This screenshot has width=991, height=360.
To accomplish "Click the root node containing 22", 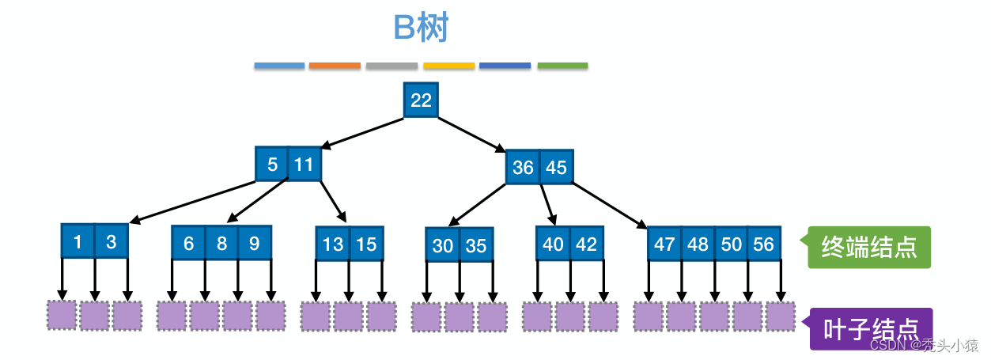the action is pyautogui.click(x=421, y=100).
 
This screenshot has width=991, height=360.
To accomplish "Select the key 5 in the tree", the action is pyautogui.click(x=271, y=165).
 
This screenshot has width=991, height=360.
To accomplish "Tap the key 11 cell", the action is pyautogui.click(x=304, y=165).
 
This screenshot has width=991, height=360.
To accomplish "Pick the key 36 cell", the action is pyautogui.click(x=523, y=167).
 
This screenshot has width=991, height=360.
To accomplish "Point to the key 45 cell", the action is pyautogui.click(x=557, y=167).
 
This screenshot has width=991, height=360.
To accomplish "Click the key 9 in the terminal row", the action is pyautogui.click(x=255, y=243).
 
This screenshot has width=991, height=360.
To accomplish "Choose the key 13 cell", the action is pyautogui.click(x=333, y=244).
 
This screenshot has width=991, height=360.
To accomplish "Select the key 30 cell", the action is pyautogui.click(x=442, y=244).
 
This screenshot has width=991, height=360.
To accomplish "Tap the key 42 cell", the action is pyautogui.click(x=587, y=244).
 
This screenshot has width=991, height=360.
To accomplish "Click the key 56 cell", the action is pyautogui.click(x=764, y=244).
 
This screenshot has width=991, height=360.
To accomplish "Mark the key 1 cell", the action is pyautogui.click(x=78, y=241).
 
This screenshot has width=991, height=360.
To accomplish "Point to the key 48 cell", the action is pyautogui.click(x=698, y=244).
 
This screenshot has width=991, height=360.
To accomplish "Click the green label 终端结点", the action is pyautogui.click(x=869, y=247).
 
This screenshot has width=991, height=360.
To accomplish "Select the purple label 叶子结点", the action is pyautogui.click(x=871, y=328).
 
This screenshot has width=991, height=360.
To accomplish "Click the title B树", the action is pyautogui.click(x=421, y=28).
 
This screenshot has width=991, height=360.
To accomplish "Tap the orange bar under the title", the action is pyautogui.click(x=335, y=66).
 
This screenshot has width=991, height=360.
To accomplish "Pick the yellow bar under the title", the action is pyautogui.click(x=448, y=66).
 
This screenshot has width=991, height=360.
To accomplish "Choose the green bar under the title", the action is pyautogui.click(x=562, y=66).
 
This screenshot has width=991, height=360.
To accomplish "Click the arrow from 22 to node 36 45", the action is pyautogui.click(x=471, y=135).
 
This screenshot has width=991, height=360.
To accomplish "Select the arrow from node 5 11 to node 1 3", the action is pyautogui.click(x=192, y=202).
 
